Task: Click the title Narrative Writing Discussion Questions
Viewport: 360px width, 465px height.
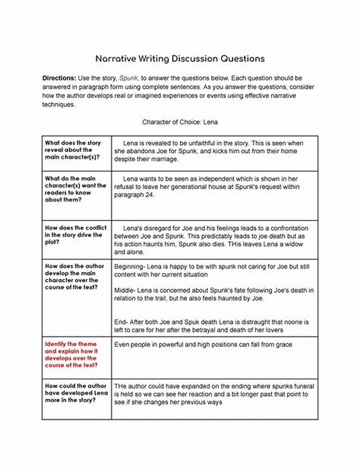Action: click(x=180, y=59)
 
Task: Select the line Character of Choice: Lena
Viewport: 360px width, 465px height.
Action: click(x=180, y=122)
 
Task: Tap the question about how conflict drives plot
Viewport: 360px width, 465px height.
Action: click(x=73, y=235)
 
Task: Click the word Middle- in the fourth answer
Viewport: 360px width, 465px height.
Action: click(x=125, y=290)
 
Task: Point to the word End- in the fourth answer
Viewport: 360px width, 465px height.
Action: click(x=121, y=322)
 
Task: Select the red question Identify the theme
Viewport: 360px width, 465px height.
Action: click(x=71, y=355)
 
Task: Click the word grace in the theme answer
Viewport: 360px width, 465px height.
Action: click(x=283, y=344)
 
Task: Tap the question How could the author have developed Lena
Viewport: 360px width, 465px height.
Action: click(x=76, y=393)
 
